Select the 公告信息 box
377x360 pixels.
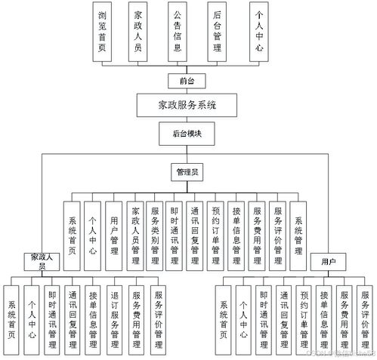(x=176, y=31)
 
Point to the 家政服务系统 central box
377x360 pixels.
(x=187, y=105)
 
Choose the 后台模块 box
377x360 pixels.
(x=187, y=133)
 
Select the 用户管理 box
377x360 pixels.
(x=113, y=235)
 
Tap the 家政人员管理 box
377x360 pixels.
(x=134, y=235)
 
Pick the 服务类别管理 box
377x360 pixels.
(x=155, y=235)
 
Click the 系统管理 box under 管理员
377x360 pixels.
(x=299, y=235)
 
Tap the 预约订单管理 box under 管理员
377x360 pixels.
(x=217, y=235)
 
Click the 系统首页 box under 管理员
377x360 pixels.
(x=72, y=235)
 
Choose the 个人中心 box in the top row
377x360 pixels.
(x=259, y=31)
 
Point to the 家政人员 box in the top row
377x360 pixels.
(x=137, y=31)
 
